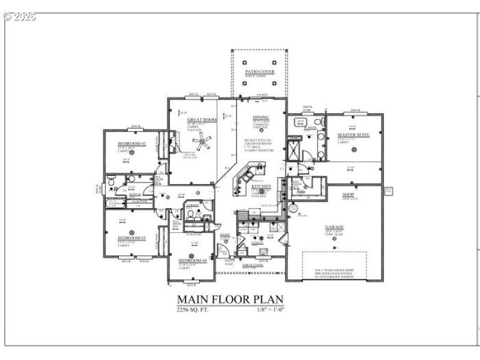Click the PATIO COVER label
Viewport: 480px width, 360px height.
click(259, 71)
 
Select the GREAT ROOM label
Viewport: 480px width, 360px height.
click(201, 120)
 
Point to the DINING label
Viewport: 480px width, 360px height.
click(260, 117)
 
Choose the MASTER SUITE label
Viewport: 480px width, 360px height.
click(353, 135)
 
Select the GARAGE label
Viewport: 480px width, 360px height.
click(335, 227)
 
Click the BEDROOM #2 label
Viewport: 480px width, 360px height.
click(130, 144)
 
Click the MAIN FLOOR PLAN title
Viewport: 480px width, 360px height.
click(230, 299)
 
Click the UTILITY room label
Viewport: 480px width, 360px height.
click(265, 242)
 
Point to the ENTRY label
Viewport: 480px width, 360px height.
click(224, 235)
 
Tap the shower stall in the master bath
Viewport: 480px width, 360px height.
click(294, 148)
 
